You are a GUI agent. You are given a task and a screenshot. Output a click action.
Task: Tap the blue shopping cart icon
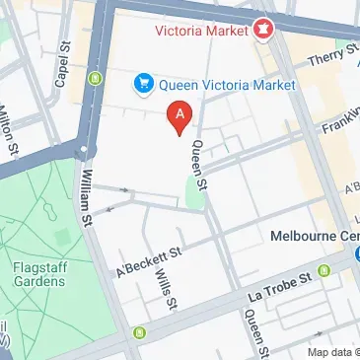coord(143,85)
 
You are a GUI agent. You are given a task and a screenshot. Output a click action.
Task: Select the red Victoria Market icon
coord(262,30)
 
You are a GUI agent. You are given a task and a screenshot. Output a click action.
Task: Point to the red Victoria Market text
coord(201,30)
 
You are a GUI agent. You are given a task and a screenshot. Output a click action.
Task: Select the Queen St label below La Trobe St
coord(257,333)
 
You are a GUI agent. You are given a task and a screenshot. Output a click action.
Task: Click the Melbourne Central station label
coord(314,237)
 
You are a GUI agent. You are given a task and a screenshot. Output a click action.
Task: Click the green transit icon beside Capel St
coord(95,78)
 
